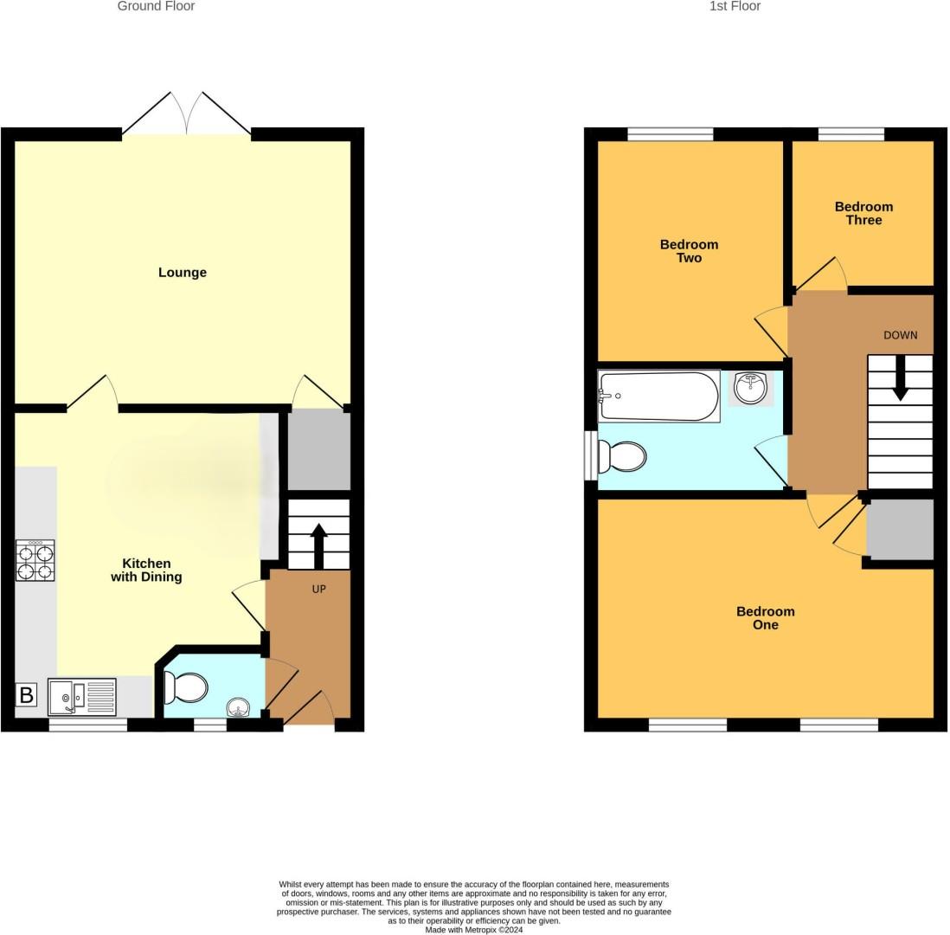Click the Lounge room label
pos(182,273)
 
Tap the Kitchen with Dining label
pos(146,570)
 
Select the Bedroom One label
pos(765,618)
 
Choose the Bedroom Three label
pos(863,213)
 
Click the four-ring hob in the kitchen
pos(35,560)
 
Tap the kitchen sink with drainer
pos(82,697)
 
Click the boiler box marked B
pos(27,694)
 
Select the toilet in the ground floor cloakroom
pos(186,688)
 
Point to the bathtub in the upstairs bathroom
pos(658,397)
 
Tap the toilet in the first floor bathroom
pos(623,455)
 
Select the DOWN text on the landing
pos(900,335)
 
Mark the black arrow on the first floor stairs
pos(900,379)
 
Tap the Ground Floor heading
pos(156,6)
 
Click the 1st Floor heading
pos(735,6)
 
